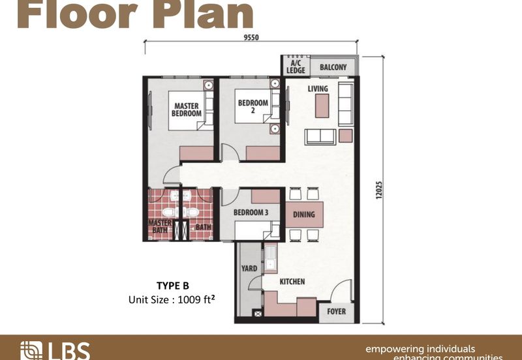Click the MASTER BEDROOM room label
point(187,108)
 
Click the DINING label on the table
point(303,215)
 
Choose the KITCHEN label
point(292,282)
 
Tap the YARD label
point(248,267)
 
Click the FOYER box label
point(337,312)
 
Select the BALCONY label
point(333,67)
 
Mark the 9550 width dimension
point(251,37)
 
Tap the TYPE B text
point(172,285)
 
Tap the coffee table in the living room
point(322,106)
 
